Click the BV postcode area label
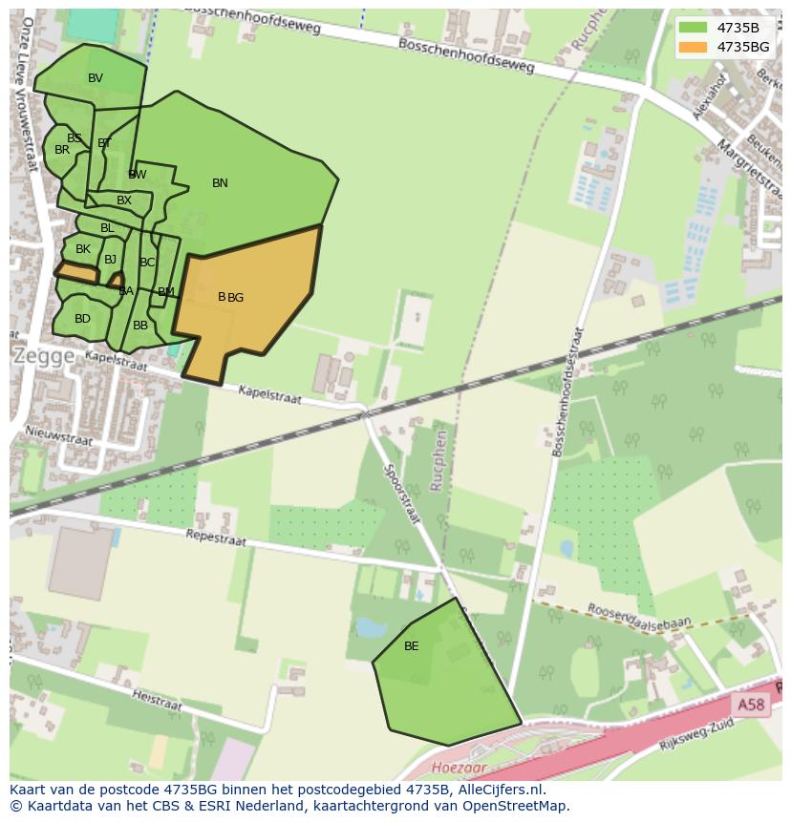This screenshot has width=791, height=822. pyautogui.click(x=96, y=78)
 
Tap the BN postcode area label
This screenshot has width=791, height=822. pyautogui.click(x=220, y=183)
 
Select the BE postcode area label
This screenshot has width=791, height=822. pyautogui.click(x=411, y=646)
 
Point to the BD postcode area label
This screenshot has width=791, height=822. pyautogui.click(x=82, y=319)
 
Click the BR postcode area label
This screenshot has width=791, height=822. pyautogui.click(x=62, y=150)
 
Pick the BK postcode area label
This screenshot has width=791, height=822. pyautogui.click(x=83, y=249)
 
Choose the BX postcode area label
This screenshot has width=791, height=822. pyautogui.click(x=124, y=200)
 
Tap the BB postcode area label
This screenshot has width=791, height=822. pyautogui.click(x=140, y=326)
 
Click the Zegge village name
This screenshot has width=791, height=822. pyautogui.click(x=43, y=356)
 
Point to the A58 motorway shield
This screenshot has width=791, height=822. pyautogui.click(x=751, y=705)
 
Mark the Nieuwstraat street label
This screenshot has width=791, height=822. pyautogui.click(x=60, y=434)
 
